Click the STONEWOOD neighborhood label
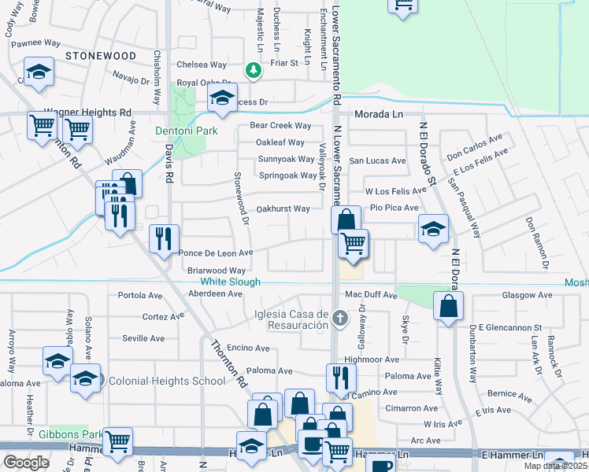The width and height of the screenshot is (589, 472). pos(101,56)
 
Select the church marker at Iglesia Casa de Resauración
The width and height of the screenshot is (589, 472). pos(339,319)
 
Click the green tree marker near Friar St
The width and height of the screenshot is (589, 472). pos(253,71)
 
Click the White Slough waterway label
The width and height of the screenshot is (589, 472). pos(230,281)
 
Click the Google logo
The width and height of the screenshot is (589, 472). pos(26,462)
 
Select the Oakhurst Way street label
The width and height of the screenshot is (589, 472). pos(283,208)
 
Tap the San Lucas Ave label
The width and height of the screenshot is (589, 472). pos(378,160)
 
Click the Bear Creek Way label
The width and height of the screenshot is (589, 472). pos(280,126)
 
